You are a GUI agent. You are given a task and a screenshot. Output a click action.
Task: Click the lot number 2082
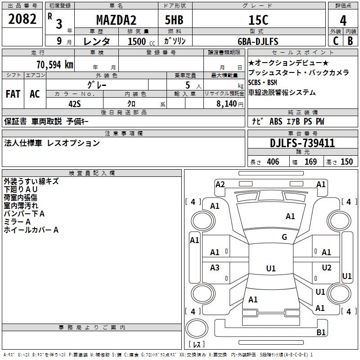22,19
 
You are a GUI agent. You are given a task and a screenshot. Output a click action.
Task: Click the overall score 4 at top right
343,20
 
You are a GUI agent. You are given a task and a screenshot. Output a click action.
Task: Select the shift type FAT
13,94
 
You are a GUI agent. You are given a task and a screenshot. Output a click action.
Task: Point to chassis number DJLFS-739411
302,143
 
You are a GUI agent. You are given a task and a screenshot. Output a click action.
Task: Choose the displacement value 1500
137,41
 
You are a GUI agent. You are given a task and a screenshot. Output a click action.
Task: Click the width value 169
311,162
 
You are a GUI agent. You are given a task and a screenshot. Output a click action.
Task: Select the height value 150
346,162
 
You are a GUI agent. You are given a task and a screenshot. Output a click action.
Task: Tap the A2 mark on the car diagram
220,184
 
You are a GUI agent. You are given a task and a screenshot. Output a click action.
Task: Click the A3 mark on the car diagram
215,268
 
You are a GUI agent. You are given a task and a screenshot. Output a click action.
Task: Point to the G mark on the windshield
284,237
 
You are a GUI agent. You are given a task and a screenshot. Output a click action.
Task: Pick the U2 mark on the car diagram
327,268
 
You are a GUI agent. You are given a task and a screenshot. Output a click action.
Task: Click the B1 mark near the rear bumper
321,333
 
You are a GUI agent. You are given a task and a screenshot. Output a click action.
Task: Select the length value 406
273,162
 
